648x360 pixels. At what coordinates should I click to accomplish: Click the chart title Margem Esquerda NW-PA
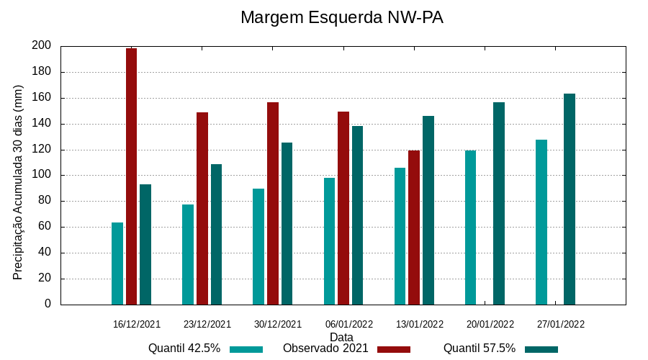[341, 17]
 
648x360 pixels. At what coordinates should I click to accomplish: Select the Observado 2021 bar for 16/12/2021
[131, 176]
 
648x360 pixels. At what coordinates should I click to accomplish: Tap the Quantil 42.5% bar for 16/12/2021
[117, 264]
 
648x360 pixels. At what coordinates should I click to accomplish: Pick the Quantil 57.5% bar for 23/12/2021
[216, 234]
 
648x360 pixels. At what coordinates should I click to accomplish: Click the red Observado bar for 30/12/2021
[272, 203]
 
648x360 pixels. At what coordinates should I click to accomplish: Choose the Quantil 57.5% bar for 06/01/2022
[357, 215]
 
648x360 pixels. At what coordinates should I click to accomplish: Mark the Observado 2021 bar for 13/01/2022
[414, 228]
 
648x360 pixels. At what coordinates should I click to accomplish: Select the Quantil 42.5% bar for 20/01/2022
[470, 228]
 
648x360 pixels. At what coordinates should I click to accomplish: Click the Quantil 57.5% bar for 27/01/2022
[570, 199]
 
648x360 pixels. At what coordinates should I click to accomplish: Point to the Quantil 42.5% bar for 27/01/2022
[541, 222]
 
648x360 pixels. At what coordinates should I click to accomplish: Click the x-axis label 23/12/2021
[207, 324]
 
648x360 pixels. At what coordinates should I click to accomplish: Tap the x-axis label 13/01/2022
[420, 324]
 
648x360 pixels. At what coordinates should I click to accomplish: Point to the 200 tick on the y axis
[42, 46]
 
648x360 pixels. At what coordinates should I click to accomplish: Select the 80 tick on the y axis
[45, 201]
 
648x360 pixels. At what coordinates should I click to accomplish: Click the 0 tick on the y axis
[48, 304]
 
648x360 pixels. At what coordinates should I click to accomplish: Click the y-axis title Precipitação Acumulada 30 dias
[18, 182]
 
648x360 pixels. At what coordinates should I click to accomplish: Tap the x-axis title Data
[341, 337]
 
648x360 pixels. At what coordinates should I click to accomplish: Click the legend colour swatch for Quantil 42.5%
[246, 349]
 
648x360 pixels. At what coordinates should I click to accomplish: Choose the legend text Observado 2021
[325, 348]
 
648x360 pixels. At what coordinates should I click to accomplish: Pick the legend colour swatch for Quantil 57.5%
[541, 349]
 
